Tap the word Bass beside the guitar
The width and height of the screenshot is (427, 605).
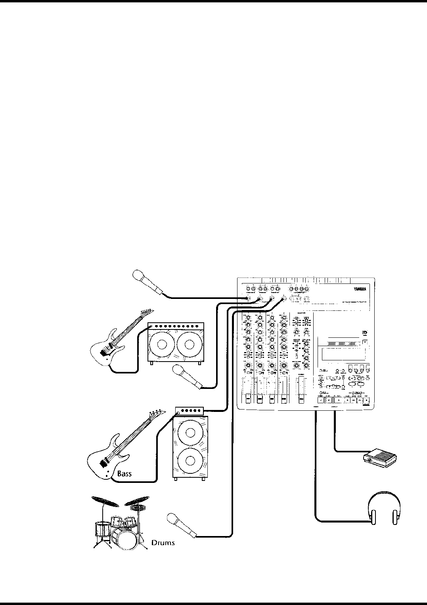[124, 473]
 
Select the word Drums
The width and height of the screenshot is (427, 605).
[163, 542]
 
